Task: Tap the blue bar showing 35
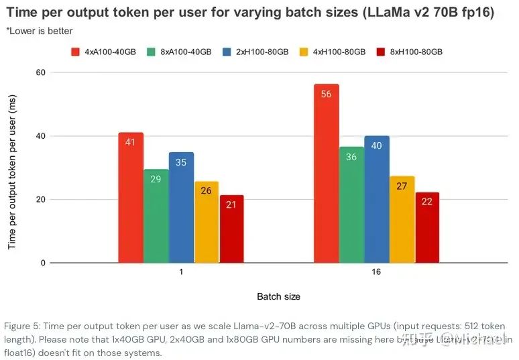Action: click(x=181, y=208)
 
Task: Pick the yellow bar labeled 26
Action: click(x=207, y=222)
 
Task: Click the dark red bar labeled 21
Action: click(x=231, y=229)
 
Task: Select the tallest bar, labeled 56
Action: click(x=327, y=174)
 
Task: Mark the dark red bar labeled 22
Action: click(x=426, y=227)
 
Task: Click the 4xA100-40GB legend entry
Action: click(x=101, y=52)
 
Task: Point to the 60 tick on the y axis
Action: click(x=40, y=72)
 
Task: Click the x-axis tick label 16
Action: click(x=376, y=274)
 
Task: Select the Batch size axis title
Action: click(x=278, y=296)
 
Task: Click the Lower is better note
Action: click(x=40, y=31)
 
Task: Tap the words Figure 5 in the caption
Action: click(x=21, y=326)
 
